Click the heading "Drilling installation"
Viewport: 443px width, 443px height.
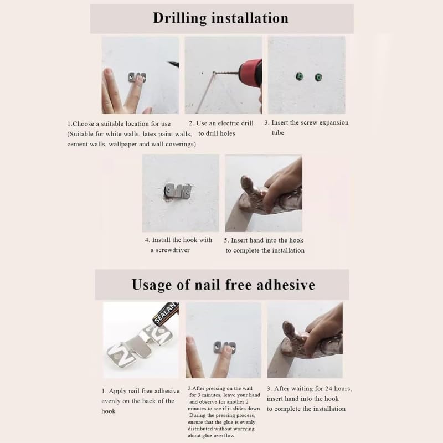click(220, 18)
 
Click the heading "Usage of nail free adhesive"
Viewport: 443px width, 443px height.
click(223, 285)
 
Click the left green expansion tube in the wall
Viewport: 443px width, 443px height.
click(299, 77)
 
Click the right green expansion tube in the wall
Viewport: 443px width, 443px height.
click(318, 77)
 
